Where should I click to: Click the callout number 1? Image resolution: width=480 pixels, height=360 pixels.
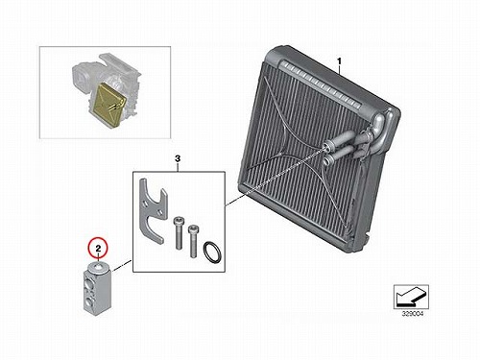click(340, 60)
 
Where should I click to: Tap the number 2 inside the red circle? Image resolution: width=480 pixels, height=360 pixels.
click(99, 248)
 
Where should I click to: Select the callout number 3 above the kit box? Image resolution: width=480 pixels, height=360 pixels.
click(178, 158)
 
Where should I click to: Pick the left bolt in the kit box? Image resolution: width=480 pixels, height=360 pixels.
click(178, 232)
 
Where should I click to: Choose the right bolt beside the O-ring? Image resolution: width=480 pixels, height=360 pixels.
click(193, 241)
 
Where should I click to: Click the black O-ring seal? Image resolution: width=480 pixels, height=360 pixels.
click(212, 252)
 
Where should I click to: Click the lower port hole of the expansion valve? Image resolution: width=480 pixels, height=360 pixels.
click(89, 301)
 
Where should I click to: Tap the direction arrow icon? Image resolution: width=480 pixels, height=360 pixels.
click(411, 297)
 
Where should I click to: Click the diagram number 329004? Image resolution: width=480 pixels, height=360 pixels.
click(413, 314)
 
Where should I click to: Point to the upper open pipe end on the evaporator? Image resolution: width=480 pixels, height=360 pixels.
click(325, 146)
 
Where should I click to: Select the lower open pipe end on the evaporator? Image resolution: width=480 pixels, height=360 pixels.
click(327, 158)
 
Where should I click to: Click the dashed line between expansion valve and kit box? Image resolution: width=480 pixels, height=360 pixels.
click(122, 266)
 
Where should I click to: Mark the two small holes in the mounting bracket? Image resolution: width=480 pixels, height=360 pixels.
click(152, 208)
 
